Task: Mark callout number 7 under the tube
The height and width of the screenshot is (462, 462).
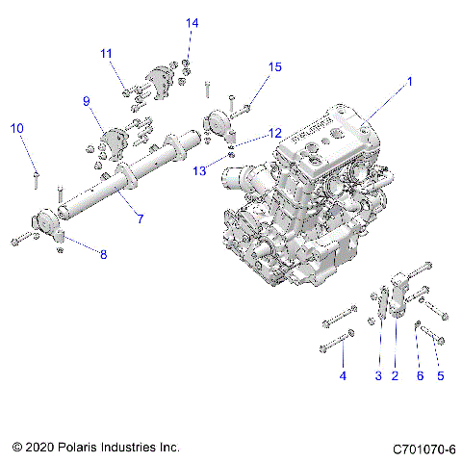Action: (140, 219)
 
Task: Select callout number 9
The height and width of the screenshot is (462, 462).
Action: (86, 101)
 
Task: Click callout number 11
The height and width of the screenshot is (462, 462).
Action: (106, 53)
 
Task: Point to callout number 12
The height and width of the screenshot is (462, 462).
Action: (274, 132)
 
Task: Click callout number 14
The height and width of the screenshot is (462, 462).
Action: (192, 22)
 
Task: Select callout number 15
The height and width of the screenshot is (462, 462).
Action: (275, 66)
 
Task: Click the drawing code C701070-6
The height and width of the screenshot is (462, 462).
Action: (423, 449)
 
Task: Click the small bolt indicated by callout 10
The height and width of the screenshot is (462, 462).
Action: (36, 175)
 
